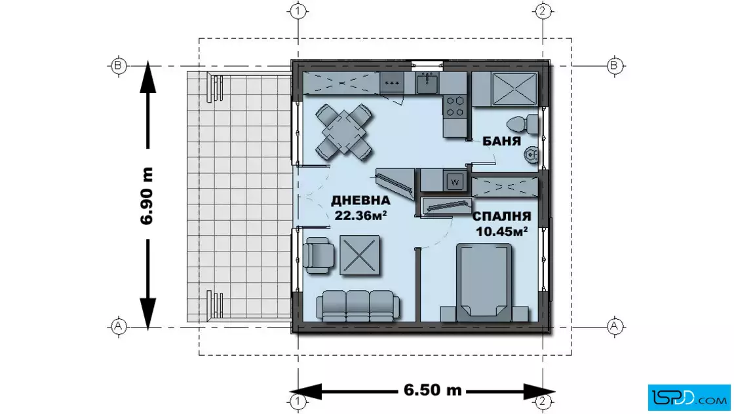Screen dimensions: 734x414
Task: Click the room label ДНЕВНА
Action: click(360, 200)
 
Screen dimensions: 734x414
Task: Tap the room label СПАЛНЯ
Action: click(501, 217)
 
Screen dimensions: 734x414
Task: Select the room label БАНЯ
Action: click(501, 141)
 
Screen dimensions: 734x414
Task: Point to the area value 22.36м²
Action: click(360, 215)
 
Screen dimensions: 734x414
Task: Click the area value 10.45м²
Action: click(502, 231)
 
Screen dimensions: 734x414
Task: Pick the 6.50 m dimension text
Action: click(433, 390)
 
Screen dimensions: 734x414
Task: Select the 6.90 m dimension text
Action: click(147, 196)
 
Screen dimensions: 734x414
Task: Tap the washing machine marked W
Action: click(455, 181)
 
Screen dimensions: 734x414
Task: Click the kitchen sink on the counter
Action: click(427, 83)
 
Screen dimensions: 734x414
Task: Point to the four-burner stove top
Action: click(454, 105)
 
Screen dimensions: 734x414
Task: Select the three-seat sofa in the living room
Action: click(358, 305)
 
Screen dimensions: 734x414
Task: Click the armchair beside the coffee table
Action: click(319, 255)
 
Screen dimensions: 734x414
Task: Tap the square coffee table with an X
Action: click(360, 255)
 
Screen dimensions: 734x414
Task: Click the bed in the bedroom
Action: click(484, 282)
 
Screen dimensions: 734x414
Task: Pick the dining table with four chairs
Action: click(344, 132)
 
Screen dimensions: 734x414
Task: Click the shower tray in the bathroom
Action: click(514, 88)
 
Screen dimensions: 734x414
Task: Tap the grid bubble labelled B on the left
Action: click(118, 66)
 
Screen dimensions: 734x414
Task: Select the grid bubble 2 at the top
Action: click(543, 10)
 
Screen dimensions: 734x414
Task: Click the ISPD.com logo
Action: click(689, 397)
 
